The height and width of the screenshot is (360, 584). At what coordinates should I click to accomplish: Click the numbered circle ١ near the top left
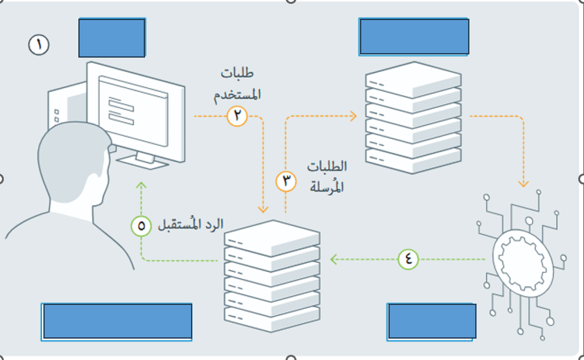point(39,45)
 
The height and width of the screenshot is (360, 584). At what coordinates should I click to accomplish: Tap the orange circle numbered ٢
point(237,116)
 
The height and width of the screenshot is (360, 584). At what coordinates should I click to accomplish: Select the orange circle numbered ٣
point(286,181)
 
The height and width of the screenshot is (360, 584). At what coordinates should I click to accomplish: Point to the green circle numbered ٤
point(408,259)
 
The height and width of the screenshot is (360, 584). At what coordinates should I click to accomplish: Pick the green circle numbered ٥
point(141,226)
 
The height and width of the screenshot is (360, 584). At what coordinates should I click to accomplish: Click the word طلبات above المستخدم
point(237,73)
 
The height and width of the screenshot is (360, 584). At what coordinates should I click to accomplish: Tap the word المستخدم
point(237,94)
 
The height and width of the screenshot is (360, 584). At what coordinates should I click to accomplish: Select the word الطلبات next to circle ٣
point(327,166)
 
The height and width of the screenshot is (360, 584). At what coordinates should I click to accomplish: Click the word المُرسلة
point(327,186)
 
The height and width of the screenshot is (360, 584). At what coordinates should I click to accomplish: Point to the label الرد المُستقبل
point(191,225)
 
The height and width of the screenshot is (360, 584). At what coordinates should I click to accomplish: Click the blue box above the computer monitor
point(112,38)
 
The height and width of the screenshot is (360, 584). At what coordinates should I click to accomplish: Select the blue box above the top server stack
point(414,36)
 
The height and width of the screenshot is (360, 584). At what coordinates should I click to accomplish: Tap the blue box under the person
point(117,322)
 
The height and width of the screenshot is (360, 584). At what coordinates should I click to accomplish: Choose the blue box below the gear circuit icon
point(431,322)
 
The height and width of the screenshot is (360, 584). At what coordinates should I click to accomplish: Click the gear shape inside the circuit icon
point(522,263)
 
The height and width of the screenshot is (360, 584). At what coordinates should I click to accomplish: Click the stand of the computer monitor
point(142,160)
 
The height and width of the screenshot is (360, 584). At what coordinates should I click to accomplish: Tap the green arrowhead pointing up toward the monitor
point(141,185)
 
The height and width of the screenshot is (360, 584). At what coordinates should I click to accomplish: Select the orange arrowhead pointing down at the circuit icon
point(523,183)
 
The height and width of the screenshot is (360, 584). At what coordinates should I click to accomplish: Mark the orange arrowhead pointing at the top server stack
point(353,116)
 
